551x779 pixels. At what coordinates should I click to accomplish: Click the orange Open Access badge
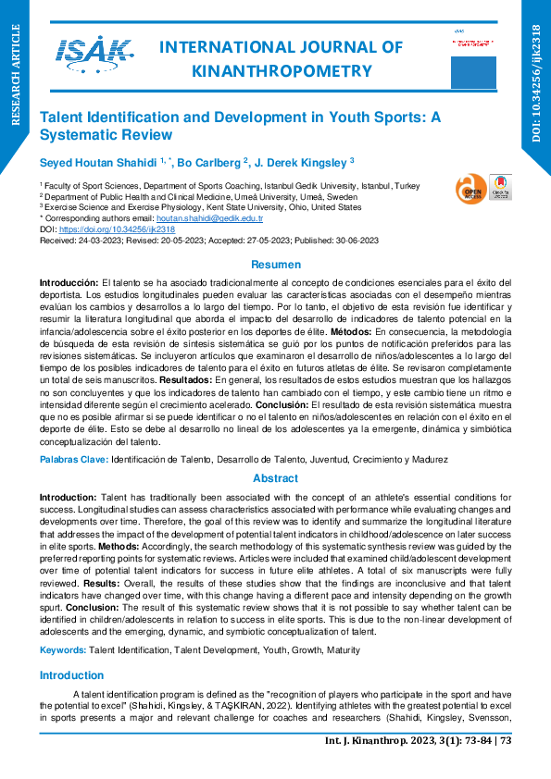[468, 190]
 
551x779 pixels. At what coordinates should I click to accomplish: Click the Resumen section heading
[275, 265]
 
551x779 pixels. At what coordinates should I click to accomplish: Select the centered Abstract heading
[275, 478]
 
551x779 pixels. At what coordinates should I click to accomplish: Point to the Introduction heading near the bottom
[71, 649]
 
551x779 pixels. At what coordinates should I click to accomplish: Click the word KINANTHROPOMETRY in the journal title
[281, 70]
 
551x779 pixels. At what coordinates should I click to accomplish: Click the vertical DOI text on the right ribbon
[536, 83]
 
